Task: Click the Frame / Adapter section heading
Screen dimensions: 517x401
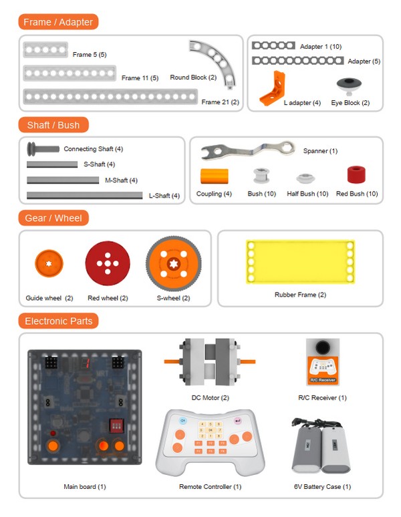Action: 58,22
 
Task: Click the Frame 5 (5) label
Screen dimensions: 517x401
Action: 90,54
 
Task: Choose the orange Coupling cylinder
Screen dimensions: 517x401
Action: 214,177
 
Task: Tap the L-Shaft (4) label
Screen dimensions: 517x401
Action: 164,196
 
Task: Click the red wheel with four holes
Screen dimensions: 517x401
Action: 107,263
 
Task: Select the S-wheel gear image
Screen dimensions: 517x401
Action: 173,263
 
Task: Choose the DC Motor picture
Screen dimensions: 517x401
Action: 210,362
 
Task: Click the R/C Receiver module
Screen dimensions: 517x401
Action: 322,361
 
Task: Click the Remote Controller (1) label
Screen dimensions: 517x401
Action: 210,486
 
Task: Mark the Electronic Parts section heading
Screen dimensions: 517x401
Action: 59,321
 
